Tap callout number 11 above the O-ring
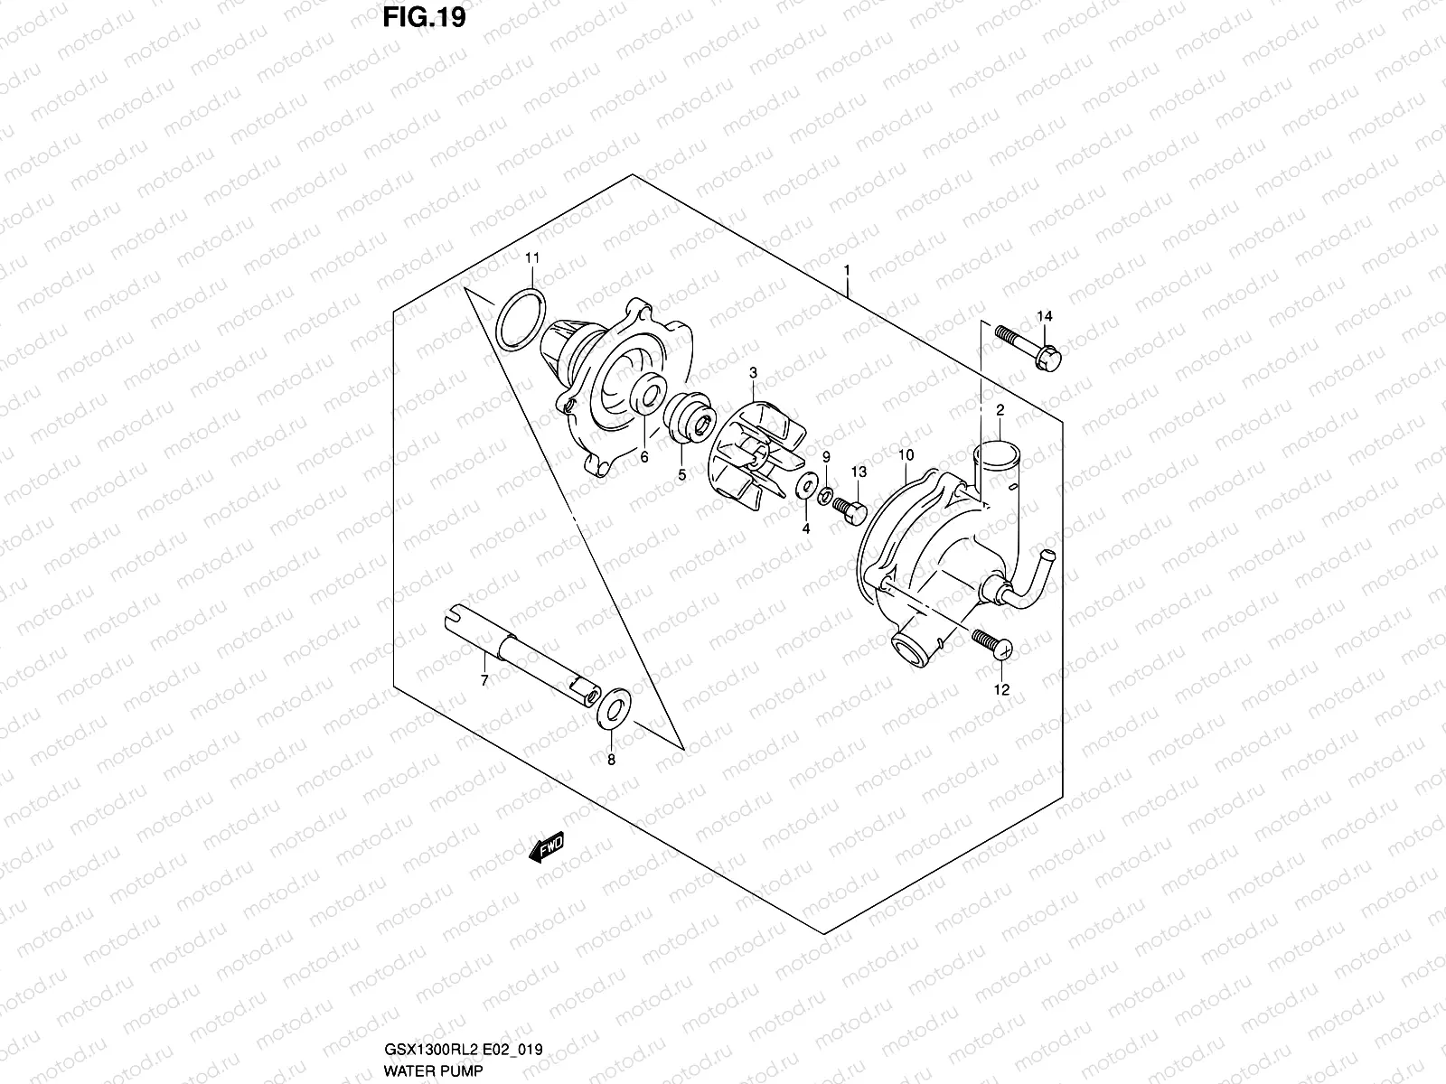click(x=532, y=258)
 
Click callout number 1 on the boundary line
click(x=847, y=269)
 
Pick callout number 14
click(x=1045, y=316)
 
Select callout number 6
click(x=644, y=457)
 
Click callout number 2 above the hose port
click(x=1000, y=411)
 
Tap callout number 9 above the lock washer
click(x=825, y=459)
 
